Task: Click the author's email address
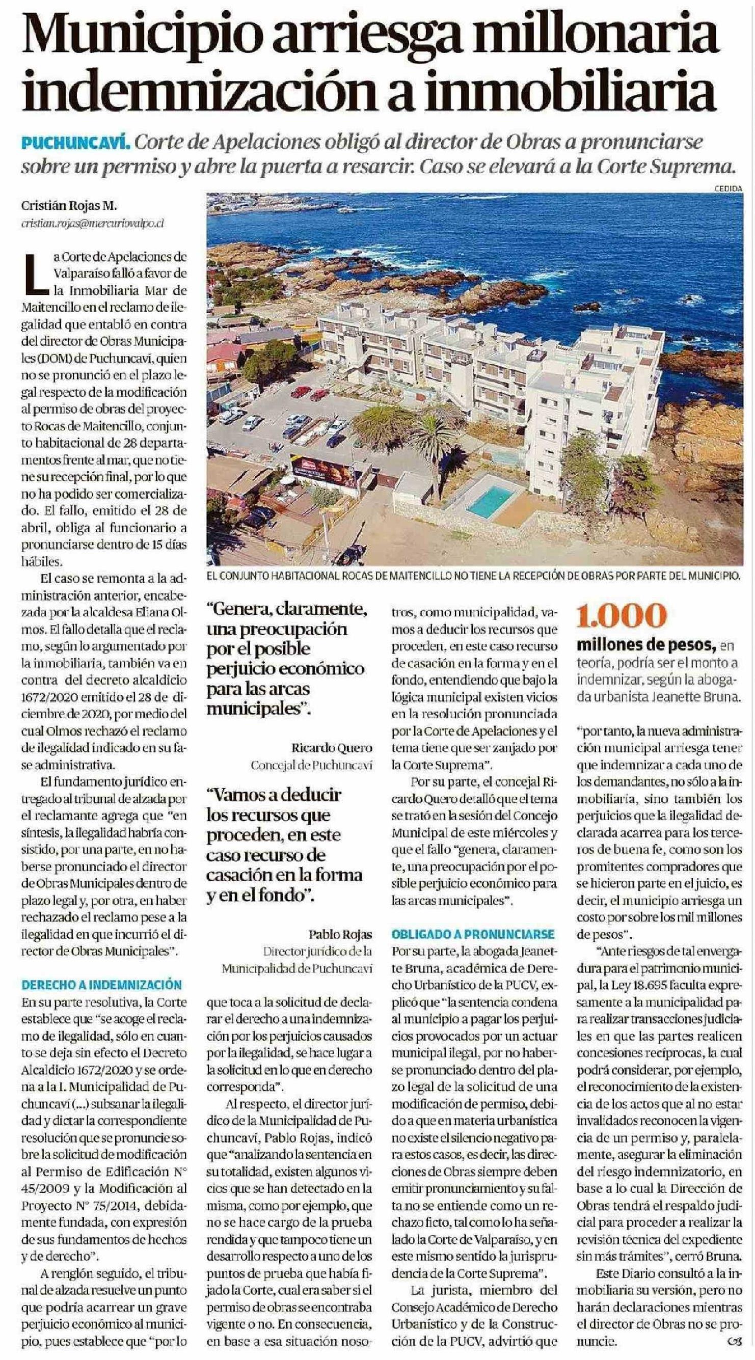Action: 92,223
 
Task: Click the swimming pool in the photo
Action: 491,501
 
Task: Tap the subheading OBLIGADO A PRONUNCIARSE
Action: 473,934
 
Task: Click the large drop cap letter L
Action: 37,273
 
